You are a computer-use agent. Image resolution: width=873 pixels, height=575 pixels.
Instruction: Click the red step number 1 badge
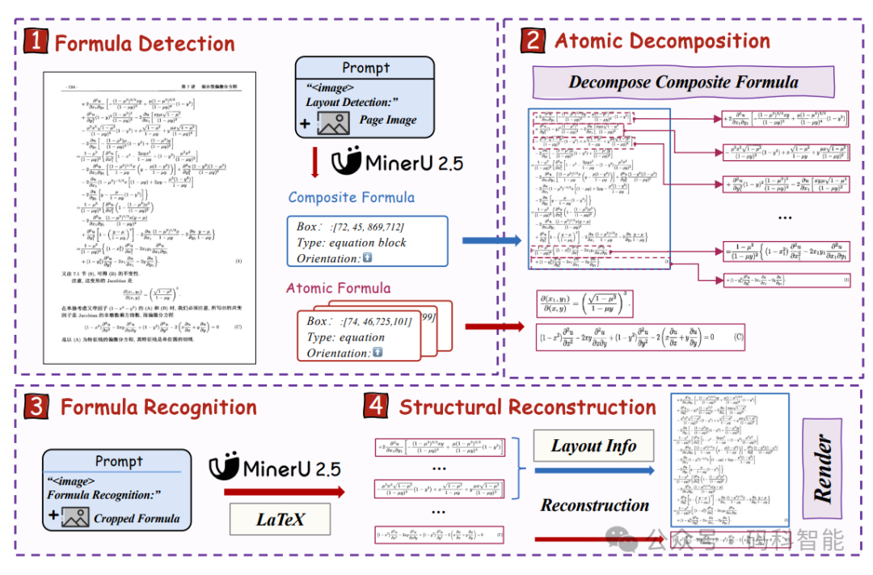(x=36, y=42)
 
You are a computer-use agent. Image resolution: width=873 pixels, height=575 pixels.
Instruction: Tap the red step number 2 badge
(x=534, y=41)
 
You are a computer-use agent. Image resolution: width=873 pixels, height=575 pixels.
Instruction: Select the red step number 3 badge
(x=36, y=406)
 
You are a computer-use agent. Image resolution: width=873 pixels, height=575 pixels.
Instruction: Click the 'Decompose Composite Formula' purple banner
(x=683, y=82)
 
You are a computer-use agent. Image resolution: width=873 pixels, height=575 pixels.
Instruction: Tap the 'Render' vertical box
(x=823, y=468)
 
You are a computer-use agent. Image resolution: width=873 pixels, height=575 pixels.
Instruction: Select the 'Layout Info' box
(x=593, y=446)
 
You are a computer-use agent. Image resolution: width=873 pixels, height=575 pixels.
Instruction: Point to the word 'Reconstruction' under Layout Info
(x=595, y=505)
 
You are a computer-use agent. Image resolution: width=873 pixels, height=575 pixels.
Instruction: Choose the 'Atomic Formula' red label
(x=338, y=288)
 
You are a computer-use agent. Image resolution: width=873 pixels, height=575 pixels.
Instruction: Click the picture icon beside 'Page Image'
(x=334, y=122)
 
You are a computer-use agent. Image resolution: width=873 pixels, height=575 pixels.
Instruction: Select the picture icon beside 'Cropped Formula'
(x=75, y=518)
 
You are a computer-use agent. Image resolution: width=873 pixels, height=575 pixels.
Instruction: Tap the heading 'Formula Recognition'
(x=158, y=407)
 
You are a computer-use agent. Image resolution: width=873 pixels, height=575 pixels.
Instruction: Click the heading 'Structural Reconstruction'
(x=527, y=407)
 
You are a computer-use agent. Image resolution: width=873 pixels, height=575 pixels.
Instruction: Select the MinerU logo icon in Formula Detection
(x=347, y=161)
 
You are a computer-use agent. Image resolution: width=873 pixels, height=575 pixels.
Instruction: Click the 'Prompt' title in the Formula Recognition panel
(x=119, y=461)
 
